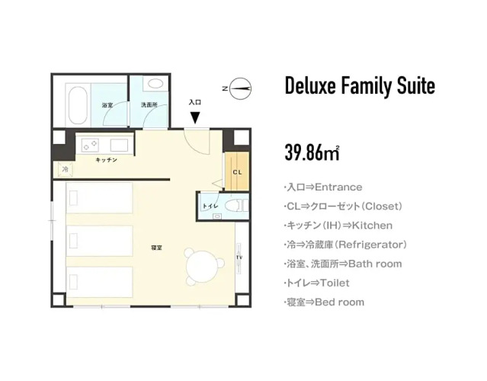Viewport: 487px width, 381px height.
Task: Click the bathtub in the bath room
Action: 78,105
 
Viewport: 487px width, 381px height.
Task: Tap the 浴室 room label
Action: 107,105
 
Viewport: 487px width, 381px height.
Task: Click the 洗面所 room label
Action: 149,105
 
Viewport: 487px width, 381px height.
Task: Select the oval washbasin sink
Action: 155,83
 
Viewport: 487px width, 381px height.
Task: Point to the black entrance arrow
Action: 195,117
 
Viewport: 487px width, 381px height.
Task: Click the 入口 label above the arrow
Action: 195,102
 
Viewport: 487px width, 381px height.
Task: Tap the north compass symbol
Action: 240,88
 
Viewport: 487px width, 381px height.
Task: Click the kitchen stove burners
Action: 91,145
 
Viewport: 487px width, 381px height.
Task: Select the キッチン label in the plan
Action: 106,160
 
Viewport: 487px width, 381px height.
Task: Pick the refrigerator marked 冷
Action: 66,169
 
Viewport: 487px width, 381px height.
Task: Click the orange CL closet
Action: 237,171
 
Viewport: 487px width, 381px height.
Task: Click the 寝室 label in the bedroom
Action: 156,248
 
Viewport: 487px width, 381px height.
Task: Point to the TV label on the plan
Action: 239,258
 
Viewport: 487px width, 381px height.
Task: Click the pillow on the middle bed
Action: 73,241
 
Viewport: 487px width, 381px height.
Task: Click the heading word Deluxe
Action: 310,85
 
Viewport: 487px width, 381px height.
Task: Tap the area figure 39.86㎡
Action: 312,152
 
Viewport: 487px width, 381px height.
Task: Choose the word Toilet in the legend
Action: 335,283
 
